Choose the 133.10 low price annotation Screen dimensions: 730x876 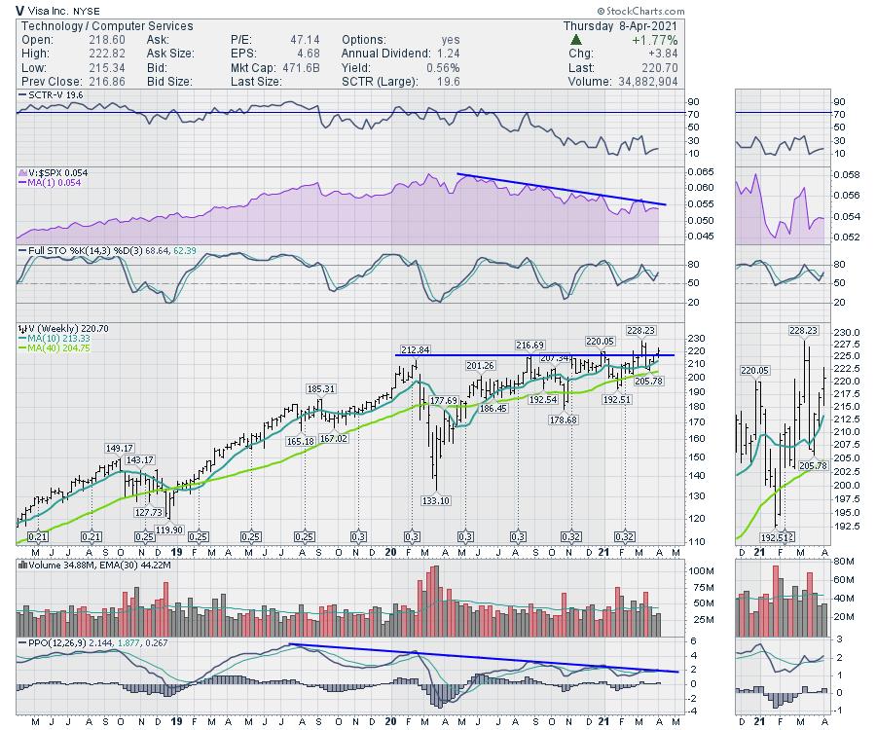[436, 500]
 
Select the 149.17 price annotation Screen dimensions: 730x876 [119, 449]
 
